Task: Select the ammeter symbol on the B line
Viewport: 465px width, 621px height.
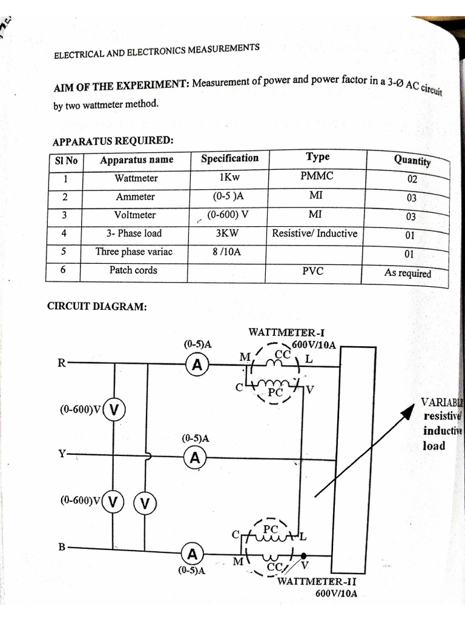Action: point(193,554)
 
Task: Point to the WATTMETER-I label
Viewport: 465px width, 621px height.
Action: point(287,332)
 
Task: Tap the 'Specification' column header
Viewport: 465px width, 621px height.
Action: point(229,158)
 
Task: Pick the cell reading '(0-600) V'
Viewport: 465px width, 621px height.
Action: point(228,214)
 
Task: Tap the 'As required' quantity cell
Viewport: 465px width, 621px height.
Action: point(407,273)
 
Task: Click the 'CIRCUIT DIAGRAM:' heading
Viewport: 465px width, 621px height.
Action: point(97,306)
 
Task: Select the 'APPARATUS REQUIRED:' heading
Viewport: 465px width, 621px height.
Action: point(113,141)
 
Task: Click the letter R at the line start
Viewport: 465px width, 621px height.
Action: point(61,363)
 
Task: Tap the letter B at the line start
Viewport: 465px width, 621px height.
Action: point(62,547)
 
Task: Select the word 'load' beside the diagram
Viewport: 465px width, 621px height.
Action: point(434,446)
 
